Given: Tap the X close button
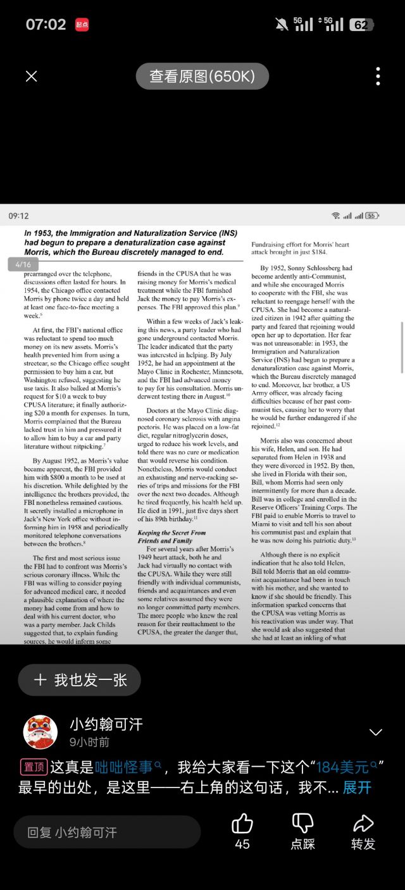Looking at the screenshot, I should pyautogui.click(x=31, y=77).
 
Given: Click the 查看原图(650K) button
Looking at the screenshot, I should pyautogui.click(x=202, y=77).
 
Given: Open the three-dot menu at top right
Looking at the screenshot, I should pyautogui.click(x=378, y=77).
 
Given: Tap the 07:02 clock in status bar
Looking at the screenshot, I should pyautogui.click(x=46, y=24).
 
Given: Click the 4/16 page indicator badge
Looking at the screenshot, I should pyautogui.click(x=23, y=264).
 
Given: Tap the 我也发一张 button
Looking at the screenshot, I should pyautogui.click(x=81, y=680).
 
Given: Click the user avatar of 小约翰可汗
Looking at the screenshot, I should pyautogui.click(x=40, y=732).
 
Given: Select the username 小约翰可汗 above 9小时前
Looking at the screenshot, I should pyautogui.click(x=106, y=724).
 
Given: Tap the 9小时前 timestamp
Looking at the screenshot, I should pyautogui.click(x=89, y=742).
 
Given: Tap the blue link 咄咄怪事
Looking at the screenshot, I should pyautogui.click(x=125, y=767).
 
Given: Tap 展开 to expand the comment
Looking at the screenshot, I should pyautogui.click(x=357, y=788).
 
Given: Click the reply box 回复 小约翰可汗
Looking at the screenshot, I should pyautogui.click(x=106, y=832).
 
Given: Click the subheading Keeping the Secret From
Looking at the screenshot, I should pyautogui.click(x=171, y=533).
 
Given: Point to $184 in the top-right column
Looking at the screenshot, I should pyautogui.click(x=314, y=252).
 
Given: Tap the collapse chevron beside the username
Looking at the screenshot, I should pyautogui.click(x=376, y=732).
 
